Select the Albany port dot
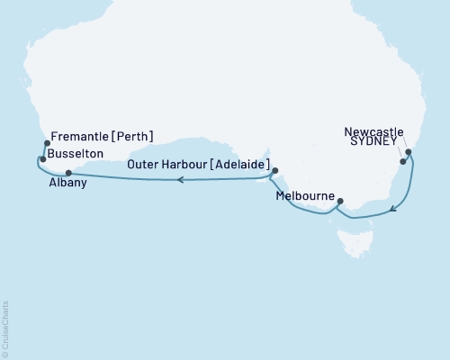click(68, 172)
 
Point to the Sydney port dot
click(403, 163)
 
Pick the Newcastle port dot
click(409, 153)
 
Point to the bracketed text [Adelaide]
click(238, 164)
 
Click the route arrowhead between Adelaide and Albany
click(180, 180)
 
